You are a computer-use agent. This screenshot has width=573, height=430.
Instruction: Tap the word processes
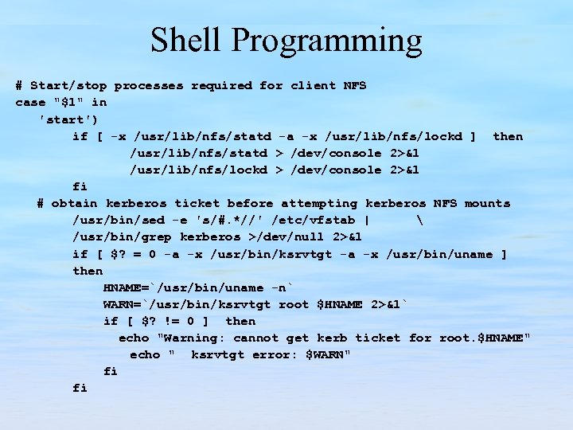point(149,85)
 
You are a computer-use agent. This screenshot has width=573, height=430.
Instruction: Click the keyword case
point(30,102)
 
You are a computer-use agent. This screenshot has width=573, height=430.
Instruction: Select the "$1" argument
point(68,102)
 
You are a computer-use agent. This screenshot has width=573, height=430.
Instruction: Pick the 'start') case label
point(68,119)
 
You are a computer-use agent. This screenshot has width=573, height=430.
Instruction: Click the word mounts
point(487,203)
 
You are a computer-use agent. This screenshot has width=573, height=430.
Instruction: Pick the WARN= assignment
point(122,304)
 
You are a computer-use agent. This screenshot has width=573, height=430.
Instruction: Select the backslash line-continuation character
point(418,220)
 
